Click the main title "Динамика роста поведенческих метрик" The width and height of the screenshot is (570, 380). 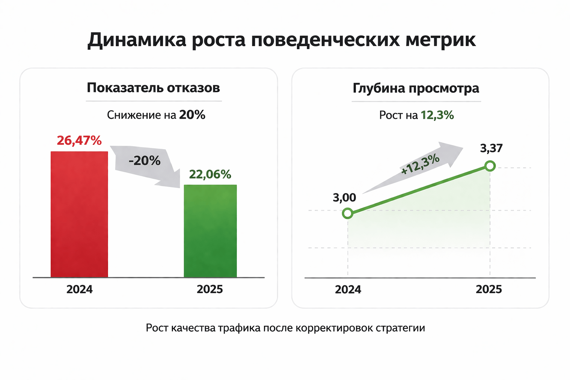coord(281,40)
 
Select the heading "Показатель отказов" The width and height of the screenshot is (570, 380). coord(153,88)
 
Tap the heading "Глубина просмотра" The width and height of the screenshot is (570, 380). coord(416,88)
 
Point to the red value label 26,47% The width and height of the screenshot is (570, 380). coord(79,141)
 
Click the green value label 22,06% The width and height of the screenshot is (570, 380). coord(210,174)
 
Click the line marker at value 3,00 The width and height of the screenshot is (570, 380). coord(347,213)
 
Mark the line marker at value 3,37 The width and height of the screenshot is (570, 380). coord(490,166)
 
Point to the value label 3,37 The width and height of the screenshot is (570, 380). coord(491,148)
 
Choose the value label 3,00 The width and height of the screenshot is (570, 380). coord(344,197)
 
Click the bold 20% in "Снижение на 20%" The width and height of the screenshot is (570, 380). coord(192,115)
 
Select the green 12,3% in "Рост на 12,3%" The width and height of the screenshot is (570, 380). coord(437,115)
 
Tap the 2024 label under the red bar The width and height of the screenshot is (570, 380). coord(79,289)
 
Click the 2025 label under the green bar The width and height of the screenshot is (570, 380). coord(210,289)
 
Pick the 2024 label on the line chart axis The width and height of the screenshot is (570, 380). coord(348,290)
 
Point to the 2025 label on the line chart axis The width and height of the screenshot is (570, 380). coord(489,289)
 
